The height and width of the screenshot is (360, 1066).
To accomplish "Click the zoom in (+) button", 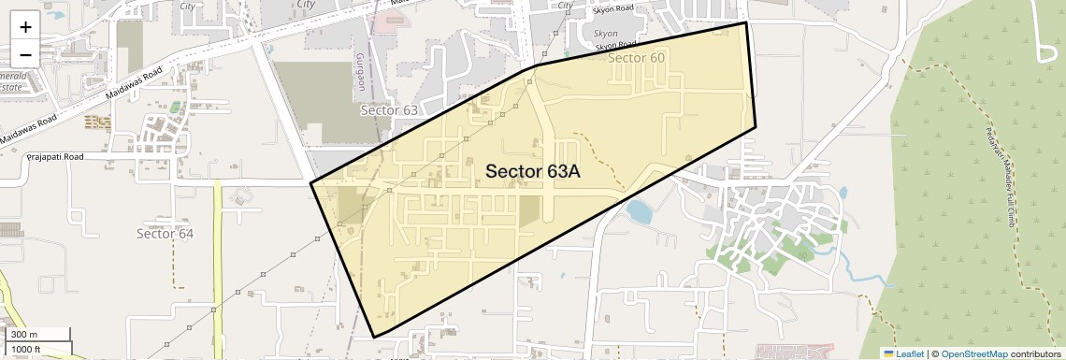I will (x=25, y=27).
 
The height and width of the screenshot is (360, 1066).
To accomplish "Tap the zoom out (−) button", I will (x=25, y=53).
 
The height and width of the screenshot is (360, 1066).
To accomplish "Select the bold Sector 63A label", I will (x=533, y=171).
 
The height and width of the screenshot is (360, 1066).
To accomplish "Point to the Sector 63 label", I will (x=389, y=110).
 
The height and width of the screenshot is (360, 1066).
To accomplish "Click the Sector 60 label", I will (x=637, y=58).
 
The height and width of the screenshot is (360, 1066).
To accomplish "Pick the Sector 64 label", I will (x=165, y=233).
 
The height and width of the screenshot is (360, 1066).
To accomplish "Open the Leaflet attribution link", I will (x=903, y=353).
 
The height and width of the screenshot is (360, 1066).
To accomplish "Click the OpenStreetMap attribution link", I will (x=973, y=353).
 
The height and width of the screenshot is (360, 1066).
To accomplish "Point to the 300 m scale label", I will (x=25, y=335).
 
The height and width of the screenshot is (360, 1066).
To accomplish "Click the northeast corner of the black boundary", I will (x=745, y=22).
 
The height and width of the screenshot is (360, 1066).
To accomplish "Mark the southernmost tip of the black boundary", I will (x=374, y=337).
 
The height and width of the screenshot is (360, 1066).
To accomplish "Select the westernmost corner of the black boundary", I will (x=311, y=183).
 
